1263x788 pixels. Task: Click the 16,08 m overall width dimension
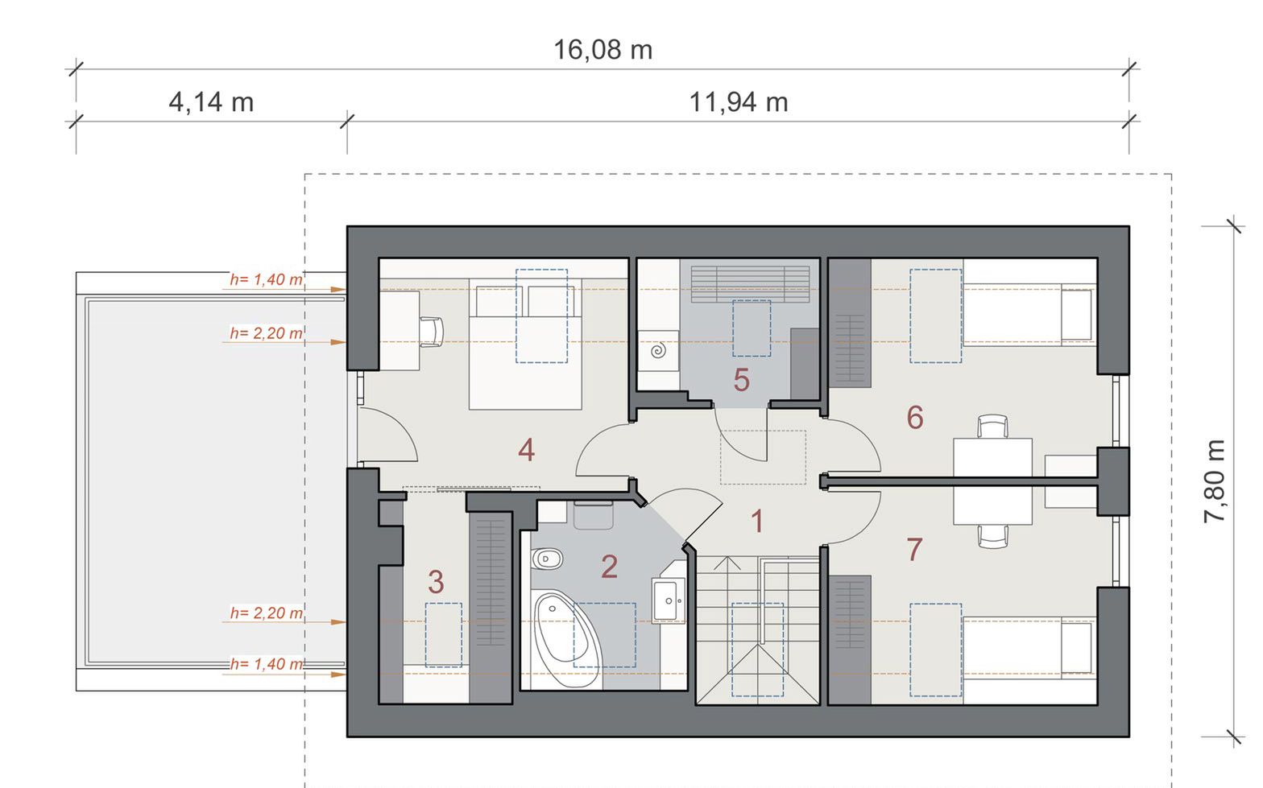[x=603, y=50]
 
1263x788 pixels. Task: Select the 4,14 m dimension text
[x=211, y=102]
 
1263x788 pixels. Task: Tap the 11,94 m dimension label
[x=738, y=102]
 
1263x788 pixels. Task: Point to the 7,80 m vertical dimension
[x=1215, y=481]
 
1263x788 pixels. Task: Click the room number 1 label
[x=757, y=521]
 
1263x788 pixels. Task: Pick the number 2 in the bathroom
[x=609, y=567]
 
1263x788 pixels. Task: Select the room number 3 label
[x=435, y=582]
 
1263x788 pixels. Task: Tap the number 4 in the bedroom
[x=526, y=450]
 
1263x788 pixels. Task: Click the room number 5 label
[x=741, y=380]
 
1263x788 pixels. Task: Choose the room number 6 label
[x=914, y=418]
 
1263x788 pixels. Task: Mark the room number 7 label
[x=914, y=549]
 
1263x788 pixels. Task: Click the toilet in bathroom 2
[x=546, y=559]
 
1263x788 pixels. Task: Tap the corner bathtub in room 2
[x=567, y=639]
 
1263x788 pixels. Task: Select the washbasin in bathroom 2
[x=669, y=600]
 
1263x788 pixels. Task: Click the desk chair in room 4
[x=432, y=331]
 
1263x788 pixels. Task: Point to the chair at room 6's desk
[x=992, y=427]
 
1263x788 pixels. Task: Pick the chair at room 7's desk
[x=992, y=536]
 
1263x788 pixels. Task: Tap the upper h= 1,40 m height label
[x=266, y=279]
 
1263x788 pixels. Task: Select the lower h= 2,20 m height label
[x=266, y=613]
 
